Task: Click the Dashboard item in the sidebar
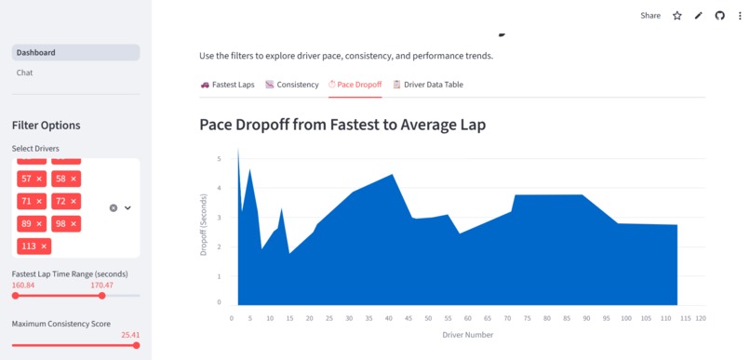tap(36, 52)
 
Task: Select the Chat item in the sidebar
tap(25, 73)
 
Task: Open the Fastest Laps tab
tap(227, 85)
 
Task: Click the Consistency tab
tap(291, 85)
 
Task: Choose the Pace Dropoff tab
tap(355, 85)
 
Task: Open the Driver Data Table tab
tap(427, 85)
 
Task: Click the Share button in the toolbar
tap(650, 16)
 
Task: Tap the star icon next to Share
tap(676, 16)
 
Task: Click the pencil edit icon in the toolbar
tap(698, 16)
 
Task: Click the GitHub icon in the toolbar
tap(719, 16)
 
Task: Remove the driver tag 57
tap(38, 179)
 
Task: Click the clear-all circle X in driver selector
tap(114, 208)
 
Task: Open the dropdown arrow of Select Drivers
tap(128, 208)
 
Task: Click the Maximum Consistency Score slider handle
tap(136, 345)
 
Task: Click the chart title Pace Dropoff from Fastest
tap(342, 124)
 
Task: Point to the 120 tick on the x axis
tap(700, 318)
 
